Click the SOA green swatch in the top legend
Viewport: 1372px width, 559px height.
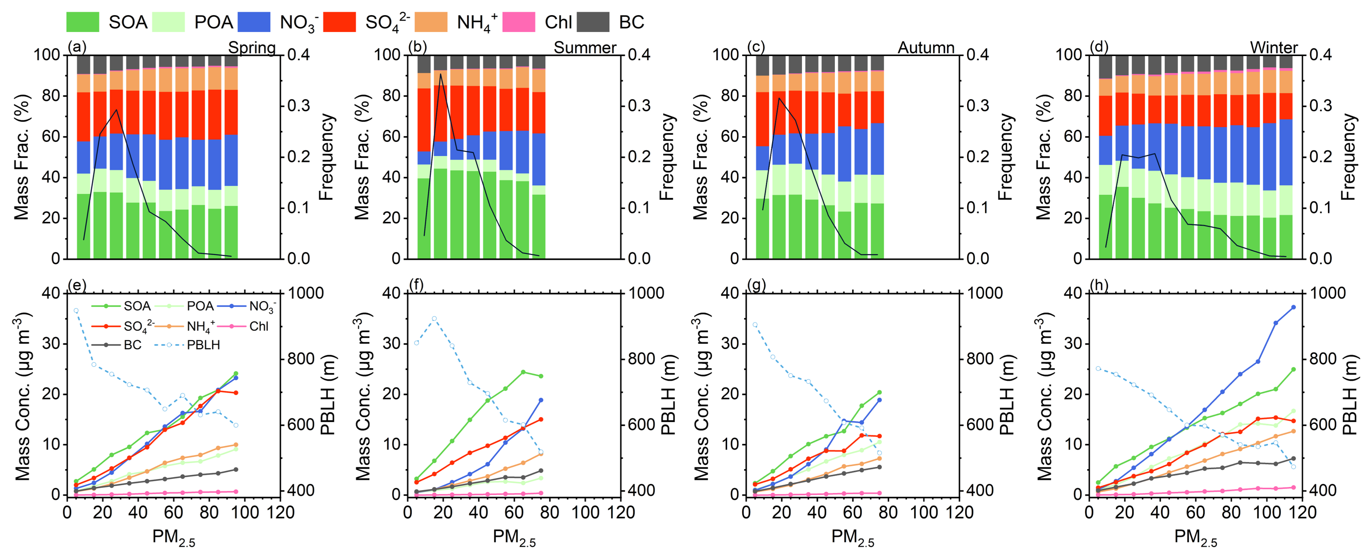point(83,22)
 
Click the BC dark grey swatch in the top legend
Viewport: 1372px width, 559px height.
point(593,22)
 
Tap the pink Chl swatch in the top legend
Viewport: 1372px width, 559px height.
point(519,22)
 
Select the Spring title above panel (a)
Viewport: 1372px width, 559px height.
point(252,48)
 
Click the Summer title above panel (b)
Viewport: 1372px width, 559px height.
point(585,48)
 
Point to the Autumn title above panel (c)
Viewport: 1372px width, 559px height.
point(926,48)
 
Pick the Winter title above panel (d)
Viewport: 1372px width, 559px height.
point(1274,48)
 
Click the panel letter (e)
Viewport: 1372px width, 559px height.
point(77,286)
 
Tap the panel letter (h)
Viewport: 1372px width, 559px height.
point(1099,286)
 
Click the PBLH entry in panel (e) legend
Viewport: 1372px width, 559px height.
point(203,345)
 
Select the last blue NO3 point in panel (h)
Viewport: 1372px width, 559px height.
point(1293,307)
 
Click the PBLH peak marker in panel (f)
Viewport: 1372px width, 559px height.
point(434,318)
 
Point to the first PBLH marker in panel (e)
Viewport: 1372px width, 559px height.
point(76,310)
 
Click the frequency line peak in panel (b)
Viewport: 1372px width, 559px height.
point(440,73)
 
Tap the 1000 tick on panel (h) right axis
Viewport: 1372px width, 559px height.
point(1326,294)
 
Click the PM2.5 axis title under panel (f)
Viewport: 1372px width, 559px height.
point(514,537)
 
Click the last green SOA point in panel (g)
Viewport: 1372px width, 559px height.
point(879,392)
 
